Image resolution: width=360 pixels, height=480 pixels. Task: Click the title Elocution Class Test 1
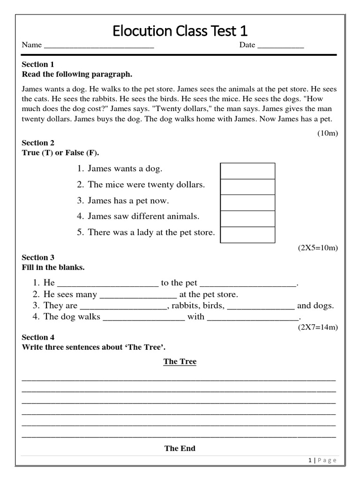[x=180, y=31]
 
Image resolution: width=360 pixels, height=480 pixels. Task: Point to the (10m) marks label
[x=328, y=133]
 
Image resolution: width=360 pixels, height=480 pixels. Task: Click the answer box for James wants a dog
[x=247, y=171]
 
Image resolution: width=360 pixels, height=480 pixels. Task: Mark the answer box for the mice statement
[x=247, y=187]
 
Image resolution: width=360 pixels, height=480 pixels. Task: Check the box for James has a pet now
[x=247, y=203]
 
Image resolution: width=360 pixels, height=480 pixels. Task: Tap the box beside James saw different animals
[x=247, y=219]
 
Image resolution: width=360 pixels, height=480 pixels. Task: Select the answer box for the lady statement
[x=247, y=235]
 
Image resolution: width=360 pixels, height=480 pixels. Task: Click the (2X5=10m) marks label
[x=318, y=247]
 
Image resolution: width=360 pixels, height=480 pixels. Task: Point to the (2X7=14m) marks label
[x=318, y=327]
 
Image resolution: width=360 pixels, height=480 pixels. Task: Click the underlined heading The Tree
[x=180, y=361]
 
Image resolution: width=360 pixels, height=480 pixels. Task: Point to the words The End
[x=180, y=449]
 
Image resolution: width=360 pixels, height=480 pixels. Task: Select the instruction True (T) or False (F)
[x=60, y=153]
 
